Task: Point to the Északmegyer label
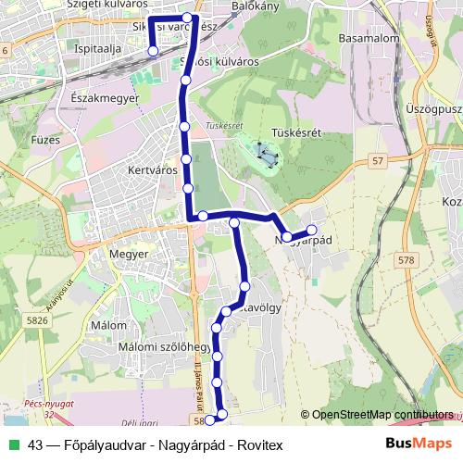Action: (x=104, y=96)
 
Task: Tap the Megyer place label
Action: (x=129, y=252)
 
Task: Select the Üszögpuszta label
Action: (x=433, y=108)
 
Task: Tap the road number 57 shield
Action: (x=378, y=161)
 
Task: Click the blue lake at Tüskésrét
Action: (x=264, y=154)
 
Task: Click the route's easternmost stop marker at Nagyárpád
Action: (x=311, y=230)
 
